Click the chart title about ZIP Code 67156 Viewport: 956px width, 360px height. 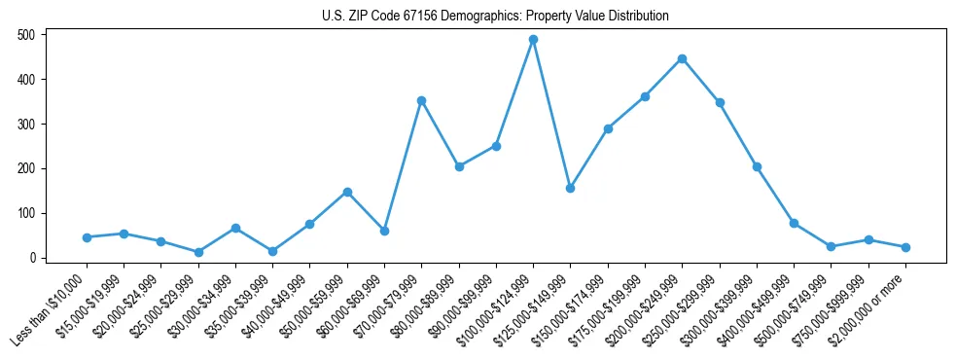[x=495, y=16]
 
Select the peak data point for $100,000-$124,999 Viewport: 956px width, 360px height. [x=533, y=40]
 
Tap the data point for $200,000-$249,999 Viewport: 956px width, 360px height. [x=682, y=58]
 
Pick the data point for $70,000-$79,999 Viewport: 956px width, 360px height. [x=421, y=100]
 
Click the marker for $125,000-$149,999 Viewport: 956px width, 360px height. [x=570, y=188]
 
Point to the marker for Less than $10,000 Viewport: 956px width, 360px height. [x=87, y=237]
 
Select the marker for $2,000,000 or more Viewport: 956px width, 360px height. [x=905, y=247]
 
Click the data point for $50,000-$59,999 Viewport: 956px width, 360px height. [x=346, y=192]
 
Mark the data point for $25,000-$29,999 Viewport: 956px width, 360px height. [x=198, y=252]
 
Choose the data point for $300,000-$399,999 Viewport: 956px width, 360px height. [x=757, y=166]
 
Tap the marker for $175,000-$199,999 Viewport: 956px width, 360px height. [x=645, y=96]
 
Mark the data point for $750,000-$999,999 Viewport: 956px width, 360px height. [x=868, y=240]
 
